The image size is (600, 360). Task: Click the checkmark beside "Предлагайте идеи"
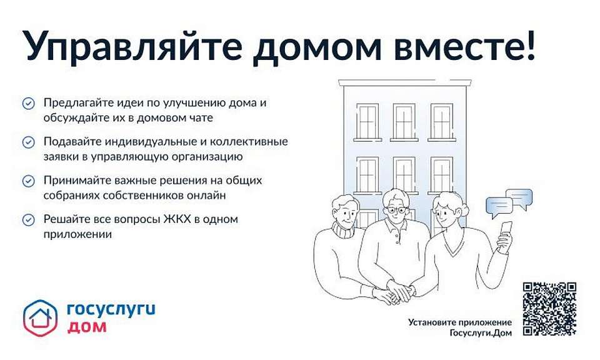(x=28, y=103)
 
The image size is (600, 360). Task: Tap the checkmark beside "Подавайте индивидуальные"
(x=28, y=142)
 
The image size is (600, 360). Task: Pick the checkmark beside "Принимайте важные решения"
(x=28, y=181)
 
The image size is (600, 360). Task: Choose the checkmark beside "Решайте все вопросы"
(x=28, y=219)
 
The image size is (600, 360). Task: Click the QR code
(x=549, y=308)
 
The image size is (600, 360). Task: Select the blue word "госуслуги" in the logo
(x=110, y=309)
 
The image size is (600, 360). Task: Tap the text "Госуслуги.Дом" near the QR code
(x=480, y=332)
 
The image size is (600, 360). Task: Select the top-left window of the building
(x=367, y=121)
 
